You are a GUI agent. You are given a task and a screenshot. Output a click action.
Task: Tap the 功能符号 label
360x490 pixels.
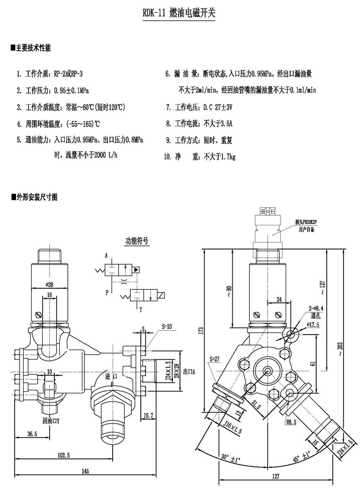[137, 240]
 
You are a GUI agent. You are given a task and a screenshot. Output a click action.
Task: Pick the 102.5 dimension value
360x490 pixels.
[63, 454]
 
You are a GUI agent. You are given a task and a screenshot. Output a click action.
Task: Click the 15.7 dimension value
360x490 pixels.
[148, 415]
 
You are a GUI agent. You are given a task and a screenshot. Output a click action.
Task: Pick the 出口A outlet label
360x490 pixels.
[189, 371]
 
